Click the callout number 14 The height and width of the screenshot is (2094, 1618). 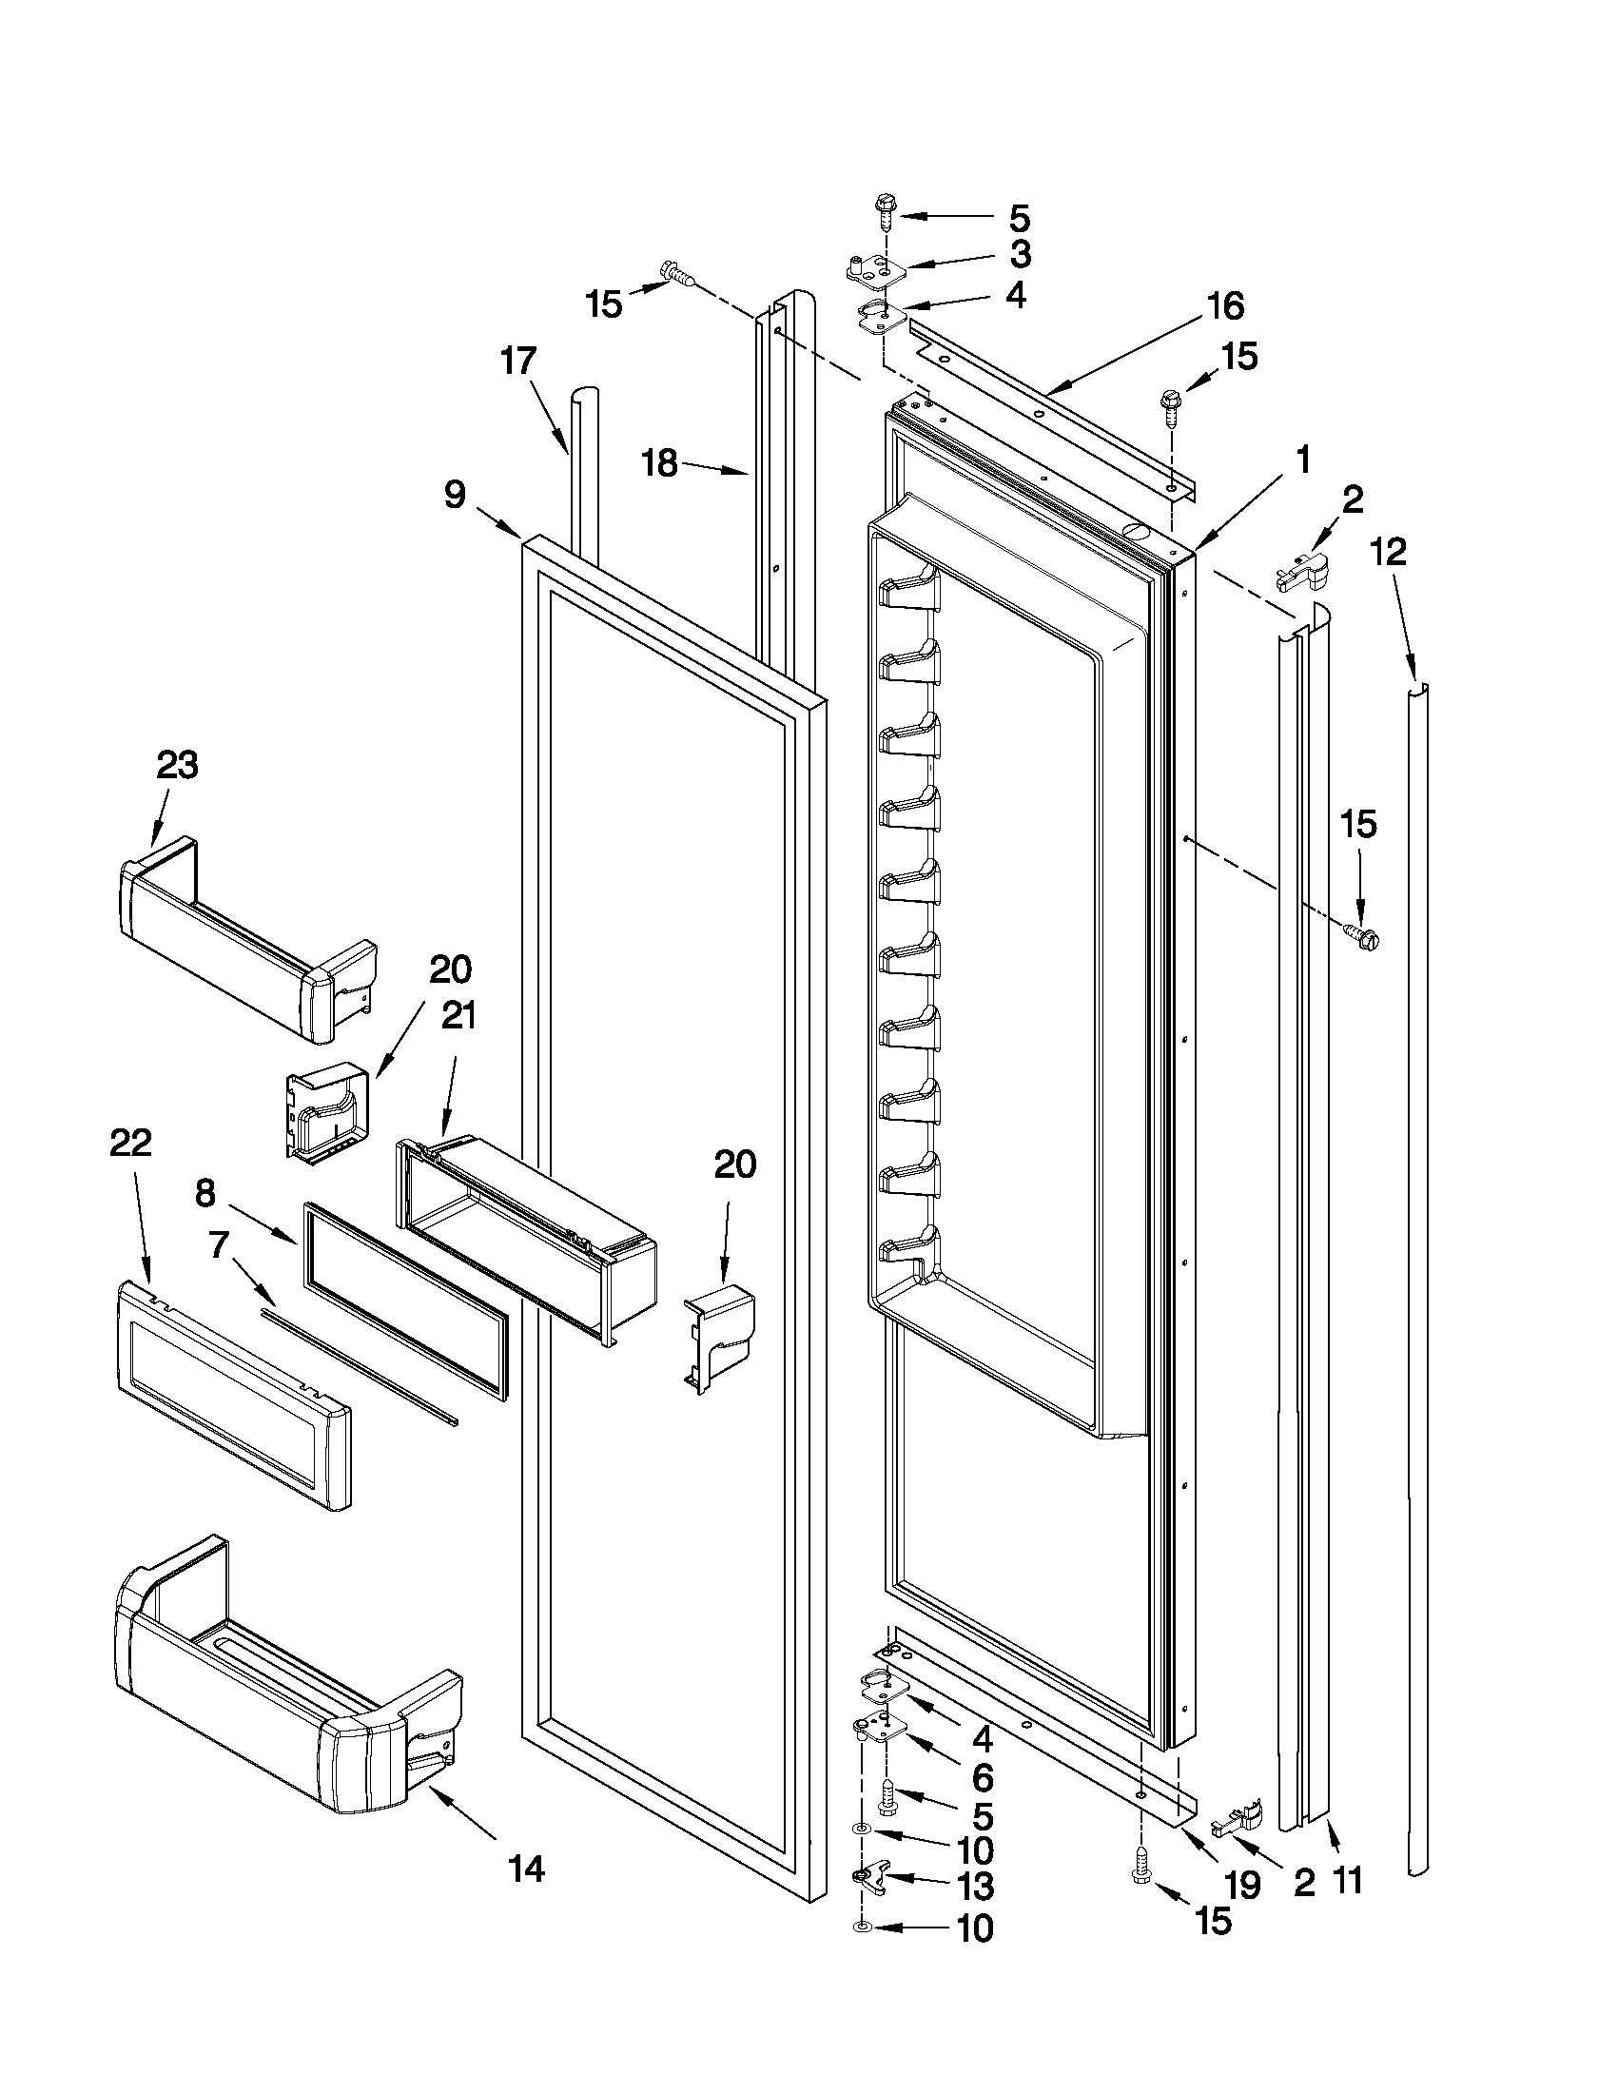point(527,1869)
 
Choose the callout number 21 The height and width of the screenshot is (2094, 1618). point(458,1015)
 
